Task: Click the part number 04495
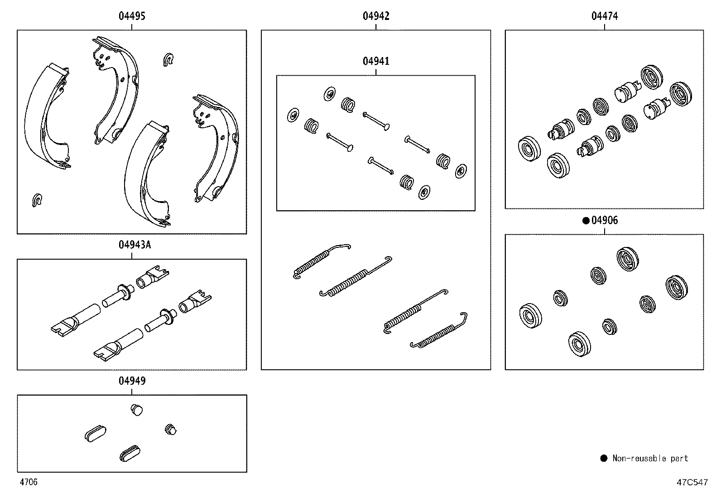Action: click(132, 16)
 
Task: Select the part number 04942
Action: click(375, 16)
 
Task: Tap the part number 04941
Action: click(375, 61)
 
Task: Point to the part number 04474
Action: click(604, 16)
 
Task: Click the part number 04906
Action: click(605, 220)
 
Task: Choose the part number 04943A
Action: click(135, 245)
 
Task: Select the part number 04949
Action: click(132, 381)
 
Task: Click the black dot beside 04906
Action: click(586, 221)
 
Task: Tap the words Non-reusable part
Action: click(650, 459)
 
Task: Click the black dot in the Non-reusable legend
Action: click(604, 459)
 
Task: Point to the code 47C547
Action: click(692, 483)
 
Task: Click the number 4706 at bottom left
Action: click(28, 483)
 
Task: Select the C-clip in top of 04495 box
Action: click(168, 60)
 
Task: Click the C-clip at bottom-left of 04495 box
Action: click(37, 200)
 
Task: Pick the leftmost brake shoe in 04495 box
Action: click(45, 118)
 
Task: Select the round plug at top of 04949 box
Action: click(136, 410)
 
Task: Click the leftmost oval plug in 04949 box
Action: click(95, 432)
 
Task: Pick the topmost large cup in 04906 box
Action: click(628, 259)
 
